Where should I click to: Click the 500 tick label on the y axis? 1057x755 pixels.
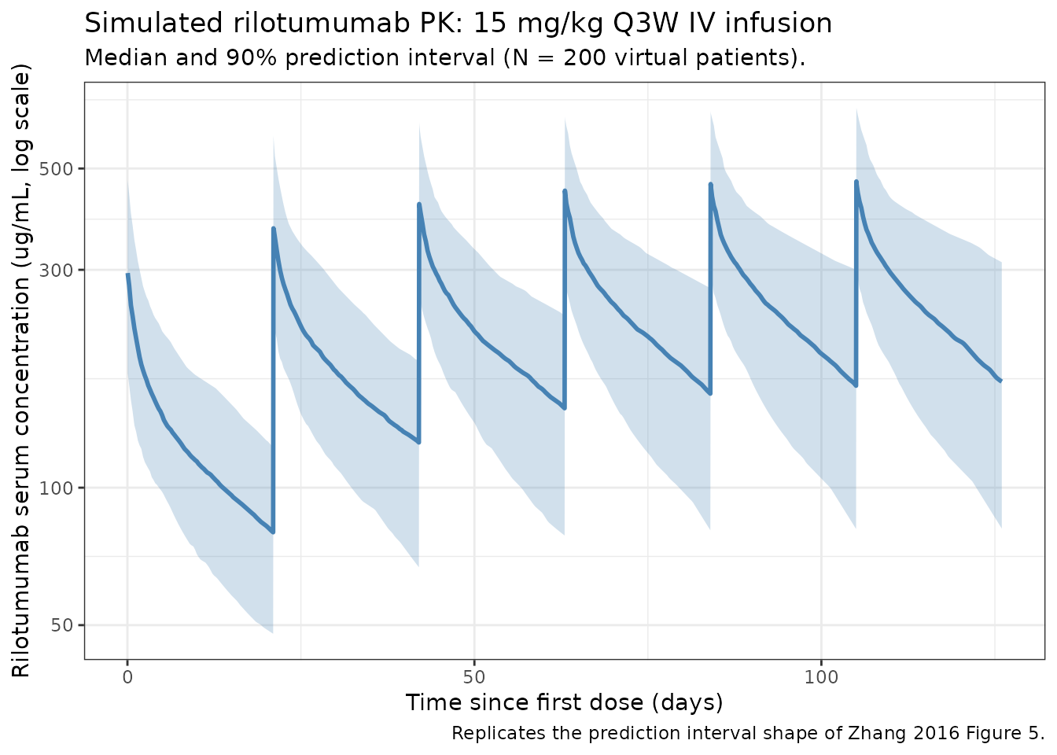(56, 169)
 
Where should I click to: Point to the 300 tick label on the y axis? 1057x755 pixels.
(56, 271)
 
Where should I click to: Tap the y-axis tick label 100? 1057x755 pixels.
(56, 488)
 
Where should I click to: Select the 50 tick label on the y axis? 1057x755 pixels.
(61, 625)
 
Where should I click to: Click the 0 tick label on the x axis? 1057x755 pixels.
(127, 678)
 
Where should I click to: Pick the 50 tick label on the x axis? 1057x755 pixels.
(474, 678)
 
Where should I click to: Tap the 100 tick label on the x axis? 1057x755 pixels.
(821, 678)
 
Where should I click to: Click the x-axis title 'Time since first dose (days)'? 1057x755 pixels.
(565, 702)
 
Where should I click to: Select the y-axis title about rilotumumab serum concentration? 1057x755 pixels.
(21, 371)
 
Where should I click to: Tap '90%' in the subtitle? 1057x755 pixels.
(251, 58)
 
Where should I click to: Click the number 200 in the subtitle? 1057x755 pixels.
(584, 58)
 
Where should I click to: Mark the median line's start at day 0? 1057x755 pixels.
(127, 274)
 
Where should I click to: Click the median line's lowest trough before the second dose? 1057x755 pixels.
(273, 532)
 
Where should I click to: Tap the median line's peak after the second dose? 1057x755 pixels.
(273, 229)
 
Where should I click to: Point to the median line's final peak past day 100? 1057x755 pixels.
(856, 182)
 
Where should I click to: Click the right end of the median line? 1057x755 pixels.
(1001, 381)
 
